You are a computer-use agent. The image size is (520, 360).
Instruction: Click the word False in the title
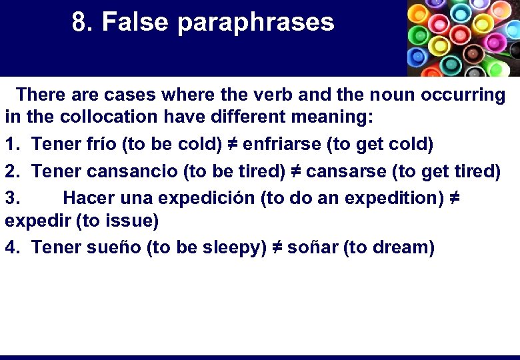coord(136,23)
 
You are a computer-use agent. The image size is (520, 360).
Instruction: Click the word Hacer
coord(89,198)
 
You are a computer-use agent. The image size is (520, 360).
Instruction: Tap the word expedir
coord(33,221)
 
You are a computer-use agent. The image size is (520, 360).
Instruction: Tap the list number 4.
coord(12,247)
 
